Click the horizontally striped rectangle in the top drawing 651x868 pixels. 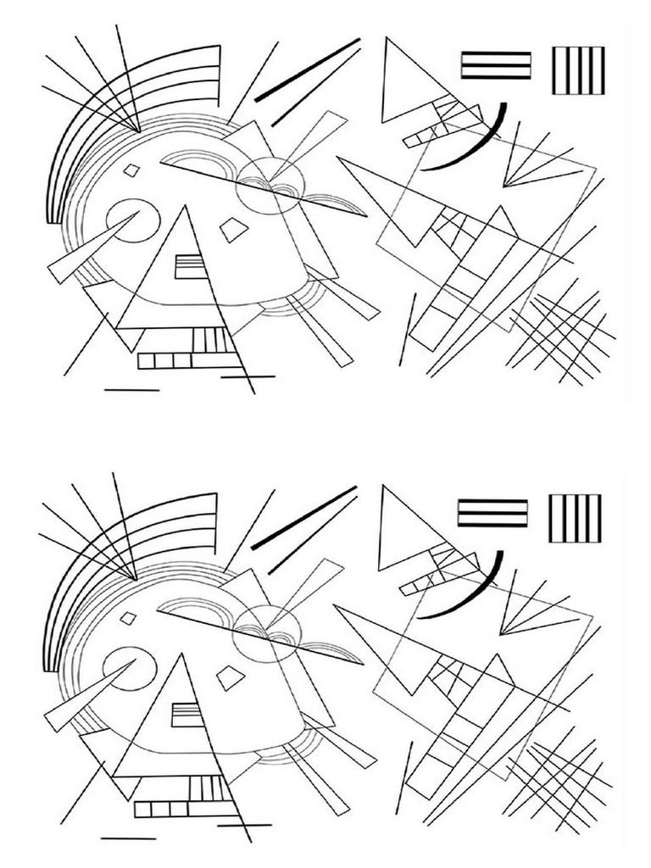(496, 65)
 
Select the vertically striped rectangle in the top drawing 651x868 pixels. (578, 70)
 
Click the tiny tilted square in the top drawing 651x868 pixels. (131, 170)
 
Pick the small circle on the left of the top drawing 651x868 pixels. (133, 220)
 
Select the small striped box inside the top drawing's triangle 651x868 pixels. (190, 266)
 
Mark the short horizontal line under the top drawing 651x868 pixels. (131, 390)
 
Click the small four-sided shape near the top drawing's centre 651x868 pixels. (234, 228)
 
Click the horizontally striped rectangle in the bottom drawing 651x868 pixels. (492, 513)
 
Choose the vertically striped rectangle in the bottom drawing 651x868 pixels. (575, 518)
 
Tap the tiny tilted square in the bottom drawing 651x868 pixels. (128, 618)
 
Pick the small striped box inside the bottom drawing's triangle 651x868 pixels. (186, 714)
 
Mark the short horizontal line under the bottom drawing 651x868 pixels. (128, 837)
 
